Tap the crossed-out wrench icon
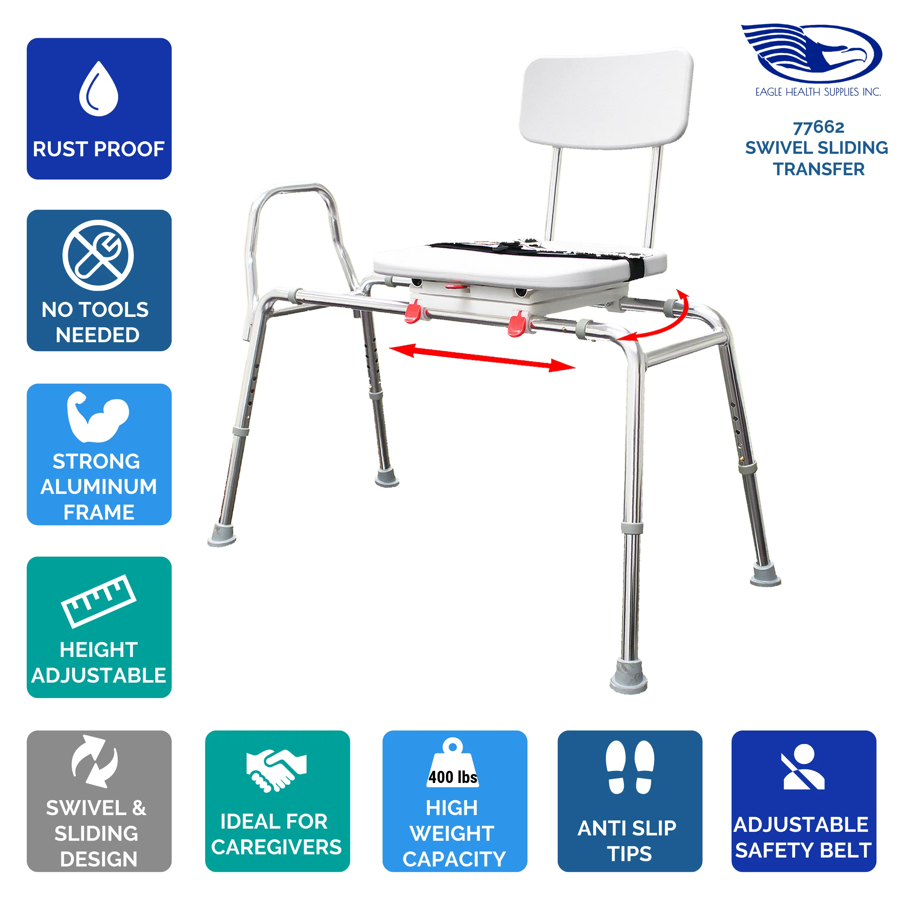[x=98, y=255]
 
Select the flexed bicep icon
[x=97, y=417]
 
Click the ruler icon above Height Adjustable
[x=98, y=601]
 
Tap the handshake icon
[x=276, y=770]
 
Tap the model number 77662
[x=819, y=127]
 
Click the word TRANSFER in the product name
[x=819, y=169]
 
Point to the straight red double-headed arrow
[x=481, y=358]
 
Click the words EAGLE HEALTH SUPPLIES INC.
[x=818, y=92]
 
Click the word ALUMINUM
[x=98, y=486]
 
